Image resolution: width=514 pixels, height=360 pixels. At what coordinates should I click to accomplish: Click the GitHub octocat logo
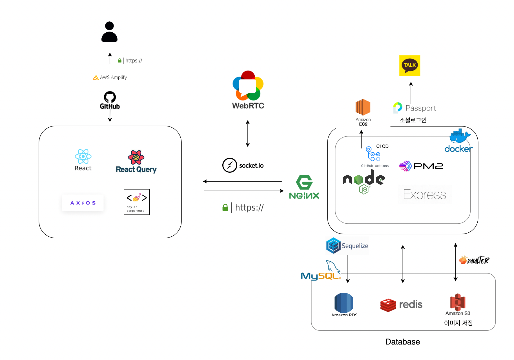[110, 97]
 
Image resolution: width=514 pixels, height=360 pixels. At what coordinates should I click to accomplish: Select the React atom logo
[83, 156]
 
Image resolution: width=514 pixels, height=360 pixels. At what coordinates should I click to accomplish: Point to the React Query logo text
[136, 169]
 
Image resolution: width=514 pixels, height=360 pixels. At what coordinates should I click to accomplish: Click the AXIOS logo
[83, 203]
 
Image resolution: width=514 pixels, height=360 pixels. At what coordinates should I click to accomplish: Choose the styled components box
[137, 202]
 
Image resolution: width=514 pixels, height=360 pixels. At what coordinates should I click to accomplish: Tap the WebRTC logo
[248, 86]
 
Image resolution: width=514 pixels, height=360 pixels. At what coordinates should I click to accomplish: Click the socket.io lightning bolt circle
[229, 165]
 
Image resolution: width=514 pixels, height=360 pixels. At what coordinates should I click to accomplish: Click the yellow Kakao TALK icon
[410, 66]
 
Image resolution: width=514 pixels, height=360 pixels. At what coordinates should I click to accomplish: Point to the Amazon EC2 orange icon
[363, 107]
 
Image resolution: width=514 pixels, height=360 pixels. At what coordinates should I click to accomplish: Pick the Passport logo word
[421, 108]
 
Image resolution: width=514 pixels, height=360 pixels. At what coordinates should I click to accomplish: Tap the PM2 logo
[421, 166]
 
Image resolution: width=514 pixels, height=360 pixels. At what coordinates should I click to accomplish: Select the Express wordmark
[425, 195]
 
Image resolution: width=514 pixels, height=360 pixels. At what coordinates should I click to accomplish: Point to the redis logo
[401, 305]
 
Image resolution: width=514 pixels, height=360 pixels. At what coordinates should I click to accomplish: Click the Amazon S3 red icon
[458, 302]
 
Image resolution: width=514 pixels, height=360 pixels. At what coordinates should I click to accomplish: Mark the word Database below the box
[402, 342]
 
